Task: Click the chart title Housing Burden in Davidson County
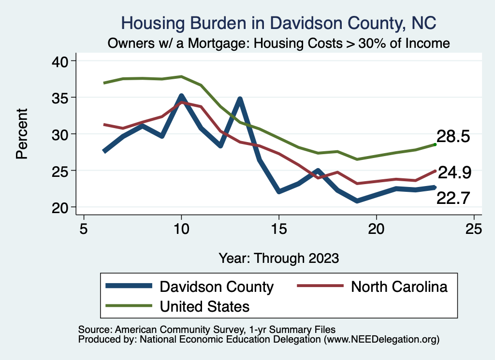coord(278,23)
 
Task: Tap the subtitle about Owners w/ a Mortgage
coord(278,43)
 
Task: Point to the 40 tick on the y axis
coord(63,61)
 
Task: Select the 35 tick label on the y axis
coord(63,98)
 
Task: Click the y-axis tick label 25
coord(63,171)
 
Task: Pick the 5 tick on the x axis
coord(84,229)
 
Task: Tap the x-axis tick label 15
coord(278,229)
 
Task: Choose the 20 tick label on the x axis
coord(376,229)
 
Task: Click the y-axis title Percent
coord(22,134)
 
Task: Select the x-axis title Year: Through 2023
coord(278,258)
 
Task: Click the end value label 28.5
coord(453,136)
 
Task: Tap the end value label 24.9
coord(454,172)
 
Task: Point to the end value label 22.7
coord(453,198)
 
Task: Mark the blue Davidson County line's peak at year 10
coord(181,96)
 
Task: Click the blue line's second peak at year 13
coord(240,99)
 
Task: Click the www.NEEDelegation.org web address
coord(381,339)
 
